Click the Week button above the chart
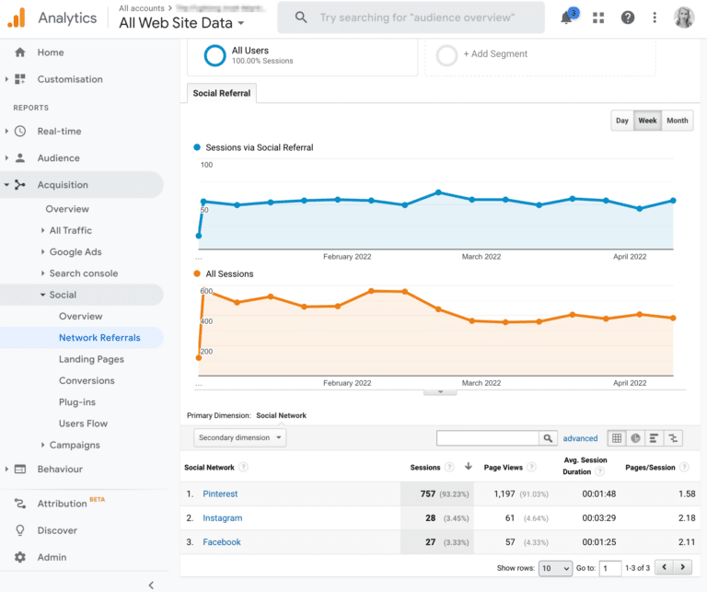[x=647, y=121]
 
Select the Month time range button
[x=678, y=121]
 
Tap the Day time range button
[x=622, y=121]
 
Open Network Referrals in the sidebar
[x=99, y=338]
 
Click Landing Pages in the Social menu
[x=91, y=359]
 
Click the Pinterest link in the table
[x=220, y=494]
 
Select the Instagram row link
[x=222, y=518]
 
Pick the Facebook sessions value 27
[x=428, y=542]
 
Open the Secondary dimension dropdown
[x=239, y=438]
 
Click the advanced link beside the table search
[x=580, y=438]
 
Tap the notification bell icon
[x=567, y=17]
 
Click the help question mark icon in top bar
[x=628, y=17]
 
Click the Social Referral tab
[x=222, y=93]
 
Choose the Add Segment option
[x=495, y=54]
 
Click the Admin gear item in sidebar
[x=51, y=557]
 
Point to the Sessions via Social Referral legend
[x=259, y=147]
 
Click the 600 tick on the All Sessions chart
[x=206, y=292]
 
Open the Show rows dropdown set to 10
[x=555, y=569]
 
